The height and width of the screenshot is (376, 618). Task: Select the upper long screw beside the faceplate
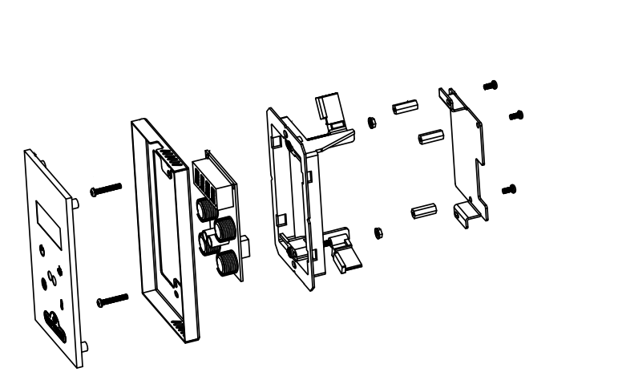[x=106, y=188]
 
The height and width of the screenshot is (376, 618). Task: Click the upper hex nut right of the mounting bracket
[x=371, y=123]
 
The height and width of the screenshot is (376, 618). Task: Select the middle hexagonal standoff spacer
[x=431, y=135]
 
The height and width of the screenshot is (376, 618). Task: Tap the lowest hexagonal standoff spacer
[x=422, y=213]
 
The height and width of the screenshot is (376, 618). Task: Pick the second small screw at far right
[x=515, y=115]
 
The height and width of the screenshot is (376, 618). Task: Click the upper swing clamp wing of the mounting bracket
[x=330, y=111]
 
